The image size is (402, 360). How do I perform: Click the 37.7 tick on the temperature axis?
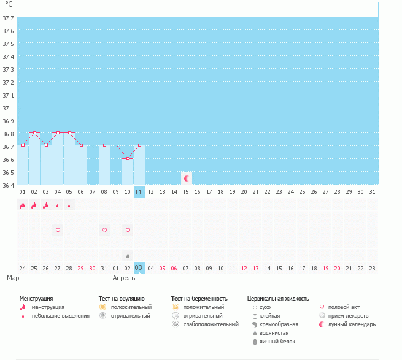[9, 18]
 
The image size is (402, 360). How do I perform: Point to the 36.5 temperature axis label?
[9, 172]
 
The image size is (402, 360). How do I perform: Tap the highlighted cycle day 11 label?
[139, 192]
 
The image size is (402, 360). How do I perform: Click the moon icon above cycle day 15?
[187, 178]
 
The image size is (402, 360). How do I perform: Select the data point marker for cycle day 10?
[128, 158]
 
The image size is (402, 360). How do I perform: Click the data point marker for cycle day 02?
[34, 132]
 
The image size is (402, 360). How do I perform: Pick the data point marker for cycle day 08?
[104, 145]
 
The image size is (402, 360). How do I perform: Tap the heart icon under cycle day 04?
[58, 230]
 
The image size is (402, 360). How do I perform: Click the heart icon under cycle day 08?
[104, 230]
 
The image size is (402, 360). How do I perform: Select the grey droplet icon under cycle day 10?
[128, 255]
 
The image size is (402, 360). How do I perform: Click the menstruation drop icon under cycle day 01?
[22, 205]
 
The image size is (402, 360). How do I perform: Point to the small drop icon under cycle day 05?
[69, 206]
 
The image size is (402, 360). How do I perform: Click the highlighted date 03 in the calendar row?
[139, 268]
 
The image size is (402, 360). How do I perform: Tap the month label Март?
[15, 278]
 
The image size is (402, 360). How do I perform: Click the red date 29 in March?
[81, 268]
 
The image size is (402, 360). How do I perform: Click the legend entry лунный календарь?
[351, 324]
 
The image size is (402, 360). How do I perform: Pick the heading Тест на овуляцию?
[122, 298]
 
